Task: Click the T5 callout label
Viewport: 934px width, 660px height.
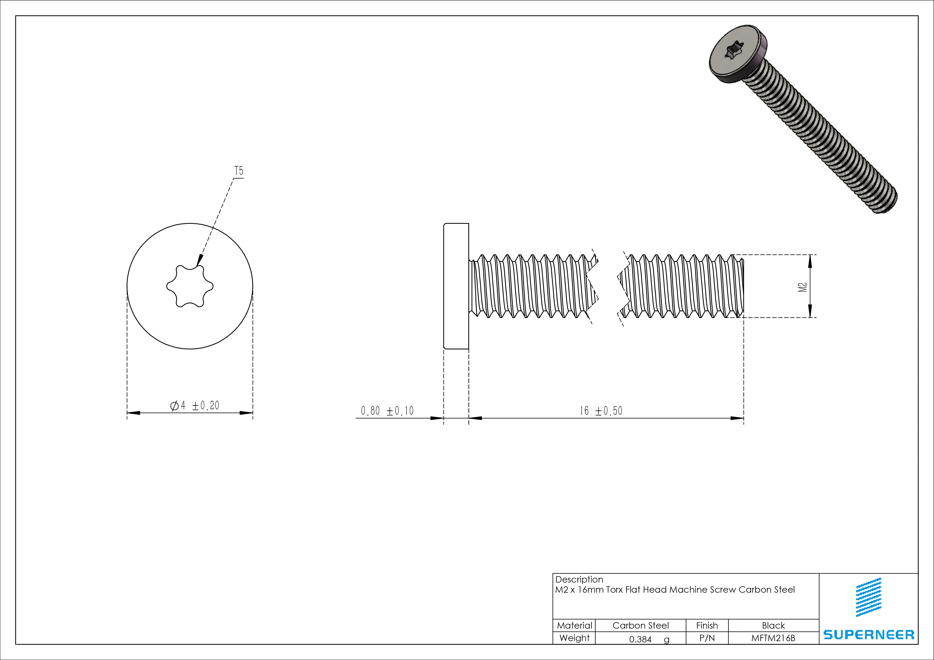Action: click(239, 171)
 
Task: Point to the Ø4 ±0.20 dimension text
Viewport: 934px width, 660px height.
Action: click(194, 405)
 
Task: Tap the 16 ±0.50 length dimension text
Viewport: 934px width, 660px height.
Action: click(601, 411)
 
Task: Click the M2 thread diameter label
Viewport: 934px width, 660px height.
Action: click(802, 287)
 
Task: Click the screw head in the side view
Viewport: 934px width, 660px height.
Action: click(456, 286)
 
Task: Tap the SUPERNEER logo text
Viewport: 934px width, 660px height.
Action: click(869, 634)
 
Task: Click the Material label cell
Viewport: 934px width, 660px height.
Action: click(574, 625)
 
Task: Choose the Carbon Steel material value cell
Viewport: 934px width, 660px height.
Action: click(640, 625)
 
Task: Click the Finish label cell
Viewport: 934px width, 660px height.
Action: click(707, 625)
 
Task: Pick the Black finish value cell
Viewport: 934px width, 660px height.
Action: click(773, 625)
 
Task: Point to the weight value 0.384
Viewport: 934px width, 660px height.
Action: click(640, 639)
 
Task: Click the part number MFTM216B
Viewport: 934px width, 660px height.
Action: click(773, 638)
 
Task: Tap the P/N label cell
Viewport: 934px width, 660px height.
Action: click(707, 638)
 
